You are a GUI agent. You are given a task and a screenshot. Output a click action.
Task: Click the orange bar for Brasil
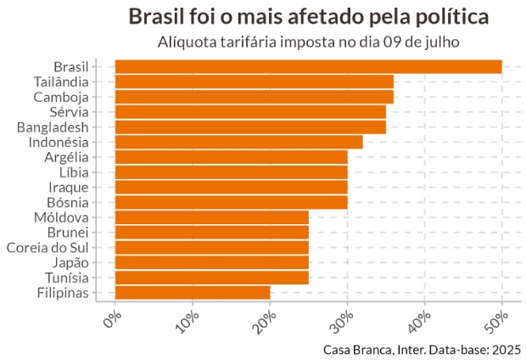[x=308, y=67]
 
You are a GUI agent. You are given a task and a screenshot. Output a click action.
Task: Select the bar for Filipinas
[x=193, y=293]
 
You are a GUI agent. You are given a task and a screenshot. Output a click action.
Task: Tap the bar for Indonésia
[x=238, y=142]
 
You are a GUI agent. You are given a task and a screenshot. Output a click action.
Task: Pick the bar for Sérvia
[x=250, y=112]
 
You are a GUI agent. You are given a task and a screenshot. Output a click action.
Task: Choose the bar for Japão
[x=211, y=262]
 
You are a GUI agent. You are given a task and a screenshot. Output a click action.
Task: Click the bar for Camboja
[x=254, y=97]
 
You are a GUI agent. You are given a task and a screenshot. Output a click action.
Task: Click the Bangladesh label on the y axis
[x=53, y=127]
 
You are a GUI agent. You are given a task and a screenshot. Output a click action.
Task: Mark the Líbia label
[x=72, y=172]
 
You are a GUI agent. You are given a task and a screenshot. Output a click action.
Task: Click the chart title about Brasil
[x=309, y=17]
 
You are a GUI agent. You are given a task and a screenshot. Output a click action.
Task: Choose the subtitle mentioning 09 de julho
[x=309, y=42]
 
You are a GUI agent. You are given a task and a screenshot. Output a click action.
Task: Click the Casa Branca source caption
[x=422, y=349]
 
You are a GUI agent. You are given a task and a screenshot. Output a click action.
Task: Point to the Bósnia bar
[x=231, y=202]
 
